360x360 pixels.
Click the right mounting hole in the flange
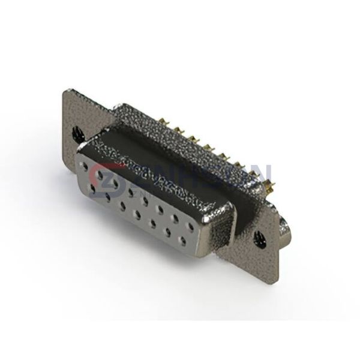coord(259,236)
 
